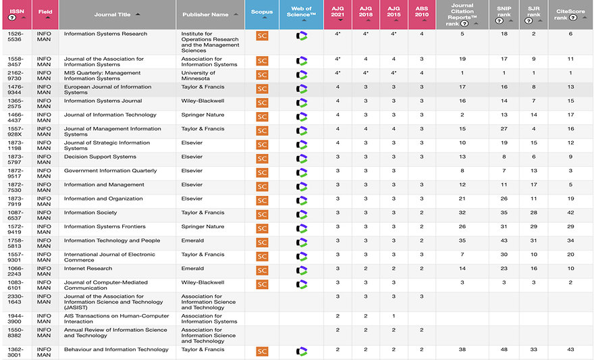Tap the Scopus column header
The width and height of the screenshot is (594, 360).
[262, 11]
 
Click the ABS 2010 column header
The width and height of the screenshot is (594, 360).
[422, 14]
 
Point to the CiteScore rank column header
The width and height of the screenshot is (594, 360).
[570, 14]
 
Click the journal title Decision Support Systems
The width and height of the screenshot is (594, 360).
[100, 157]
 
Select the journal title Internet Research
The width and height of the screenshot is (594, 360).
[88, 268]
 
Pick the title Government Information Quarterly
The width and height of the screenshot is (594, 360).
[110, 171]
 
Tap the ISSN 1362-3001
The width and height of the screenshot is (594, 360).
[15, 353]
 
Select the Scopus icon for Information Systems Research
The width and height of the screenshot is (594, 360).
[262, 36]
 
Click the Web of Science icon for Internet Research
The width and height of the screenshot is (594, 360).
[302, 270]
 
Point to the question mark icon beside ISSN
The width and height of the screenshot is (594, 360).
[12, 18]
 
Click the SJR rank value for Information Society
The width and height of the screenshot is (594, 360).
[533, 212]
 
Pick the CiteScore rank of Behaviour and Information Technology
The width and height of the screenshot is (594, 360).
[570, 349]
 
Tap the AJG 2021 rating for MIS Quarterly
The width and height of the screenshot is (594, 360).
[337, 73]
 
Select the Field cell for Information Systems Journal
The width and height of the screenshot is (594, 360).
[44, 104]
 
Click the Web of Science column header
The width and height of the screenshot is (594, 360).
[301, 11]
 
